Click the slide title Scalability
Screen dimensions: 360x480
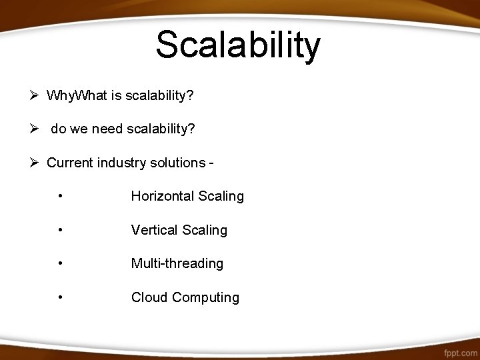[x=238, y=45]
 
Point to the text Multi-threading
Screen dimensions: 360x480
[x=177, y=263]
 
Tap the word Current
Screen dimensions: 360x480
[x=69, y=163]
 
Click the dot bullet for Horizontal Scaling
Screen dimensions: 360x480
[x=61, y=197]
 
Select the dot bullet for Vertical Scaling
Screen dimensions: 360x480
[x=61, y=230]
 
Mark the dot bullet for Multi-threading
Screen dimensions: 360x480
[x=61, y=264]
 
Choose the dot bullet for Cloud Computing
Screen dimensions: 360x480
[x=61, y=297]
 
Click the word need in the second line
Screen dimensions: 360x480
[x=107, y=129]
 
